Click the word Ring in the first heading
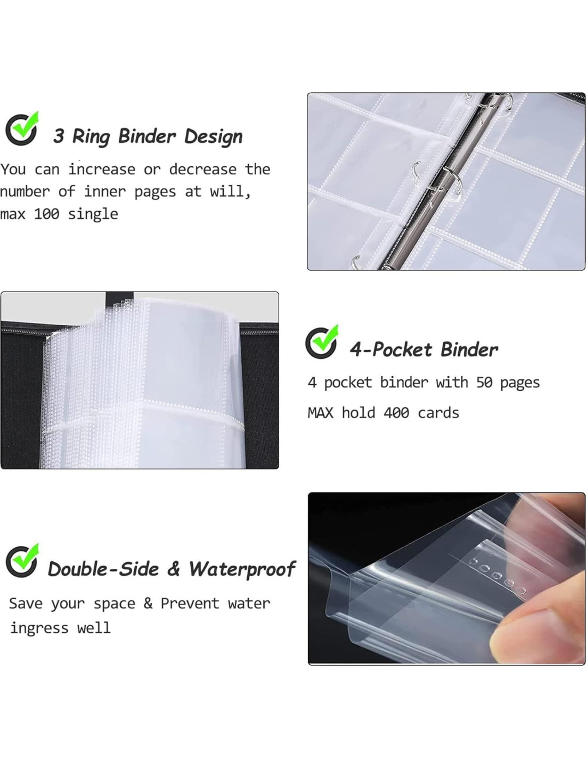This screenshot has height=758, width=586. coord(91,137)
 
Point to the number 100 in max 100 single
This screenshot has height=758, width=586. coord(47,214)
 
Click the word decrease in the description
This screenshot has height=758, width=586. coord(203,170)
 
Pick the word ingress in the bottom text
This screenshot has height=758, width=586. coord(39,628)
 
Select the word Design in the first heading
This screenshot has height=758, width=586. coord(213,136)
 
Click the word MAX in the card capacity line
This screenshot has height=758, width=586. coord(320,413)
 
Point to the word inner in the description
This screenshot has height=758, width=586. coord(105,191)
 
